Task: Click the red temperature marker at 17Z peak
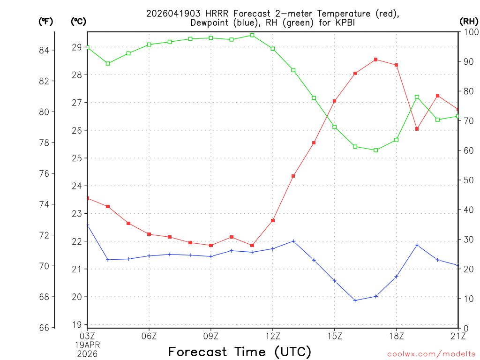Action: (376, 60)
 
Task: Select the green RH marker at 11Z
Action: (252, 35)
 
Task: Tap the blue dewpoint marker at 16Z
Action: (355, 300)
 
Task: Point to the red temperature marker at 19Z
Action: (417, 129)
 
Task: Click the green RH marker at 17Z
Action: (376, 150)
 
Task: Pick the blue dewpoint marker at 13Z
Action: (293, 241)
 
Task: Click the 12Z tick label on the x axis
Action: (273, 336)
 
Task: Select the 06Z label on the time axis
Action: (149, 336)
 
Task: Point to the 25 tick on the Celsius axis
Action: (76, 158)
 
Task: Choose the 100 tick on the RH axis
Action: (470, 32)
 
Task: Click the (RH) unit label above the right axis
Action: (469, 21)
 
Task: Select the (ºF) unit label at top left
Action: (46, 21)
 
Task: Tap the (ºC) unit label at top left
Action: (79, 21)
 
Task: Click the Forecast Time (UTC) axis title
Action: (240, 352)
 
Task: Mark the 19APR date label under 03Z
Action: (88, 345)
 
